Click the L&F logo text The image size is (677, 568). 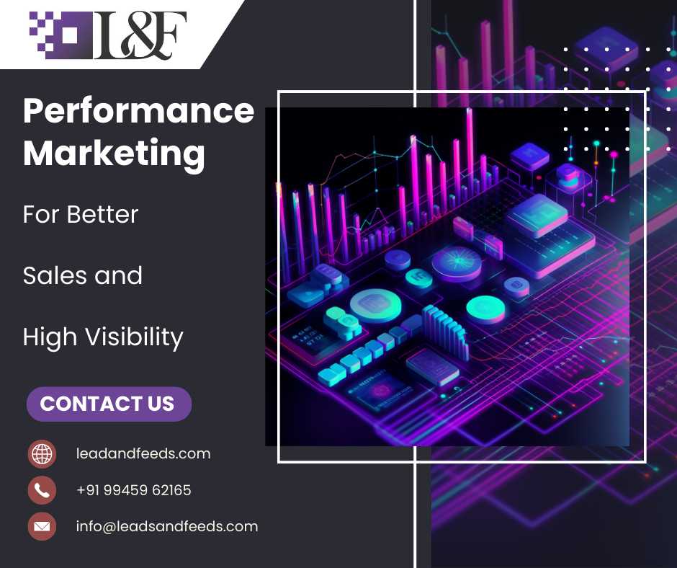(x=140, y=35)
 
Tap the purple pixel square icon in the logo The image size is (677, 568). (x=60, y=35)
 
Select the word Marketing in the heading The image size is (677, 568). (x=114, y=154)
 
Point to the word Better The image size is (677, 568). (x=102, y=214)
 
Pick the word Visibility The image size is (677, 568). (x=134, y=337)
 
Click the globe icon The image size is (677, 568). (x=42, y=454)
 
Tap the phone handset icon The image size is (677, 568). (x=42, y=490)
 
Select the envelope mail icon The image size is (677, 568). (x=42, y=526)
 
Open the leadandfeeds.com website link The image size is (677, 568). (x=143, y=453)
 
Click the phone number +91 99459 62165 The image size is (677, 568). (x=134, y=490)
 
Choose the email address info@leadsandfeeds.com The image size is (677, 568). (x=167, y=526)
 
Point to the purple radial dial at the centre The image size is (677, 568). (x=457, y=263)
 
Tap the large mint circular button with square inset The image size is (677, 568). (x=375, y=305)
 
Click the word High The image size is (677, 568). (x=50, y=337)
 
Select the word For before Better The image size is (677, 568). (x=42, y=214)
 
